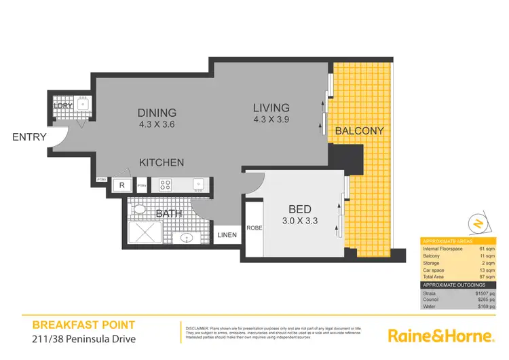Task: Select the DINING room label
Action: [157, 113]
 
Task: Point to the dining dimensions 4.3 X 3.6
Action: [157, 125]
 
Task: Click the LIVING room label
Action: [271, 107]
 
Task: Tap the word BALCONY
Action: [359, 130]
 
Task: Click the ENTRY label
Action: [29, 137]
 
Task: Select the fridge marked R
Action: [121, 185]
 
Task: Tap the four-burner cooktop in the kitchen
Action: [166, 185]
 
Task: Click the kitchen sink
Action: [197, 183]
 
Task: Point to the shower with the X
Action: [145, 232]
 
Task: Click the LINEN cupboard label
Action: [226, 235]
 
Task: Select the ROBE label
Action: [254, 228]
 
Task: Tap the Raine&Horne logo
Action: [439, 336]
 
